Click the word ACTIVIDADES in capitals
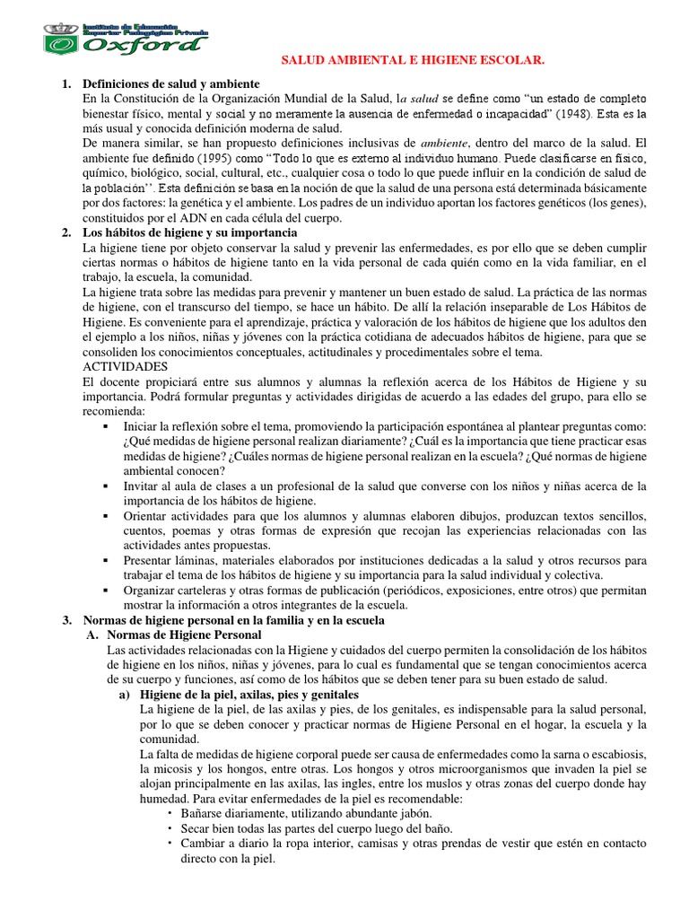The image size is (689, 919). point(125,367)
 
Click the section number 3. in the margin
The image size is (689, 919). point(65,619)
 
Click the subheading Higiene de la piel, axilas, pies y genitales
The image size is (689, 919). point(249,694)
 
